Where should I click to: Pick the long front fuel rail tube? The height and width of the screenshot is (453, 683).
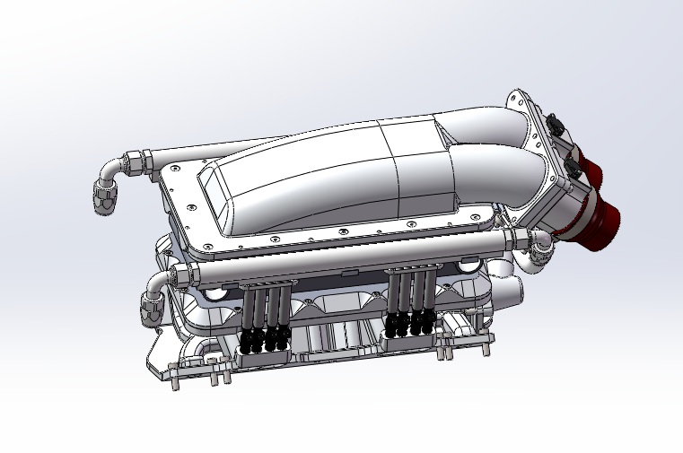[341, 256]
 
